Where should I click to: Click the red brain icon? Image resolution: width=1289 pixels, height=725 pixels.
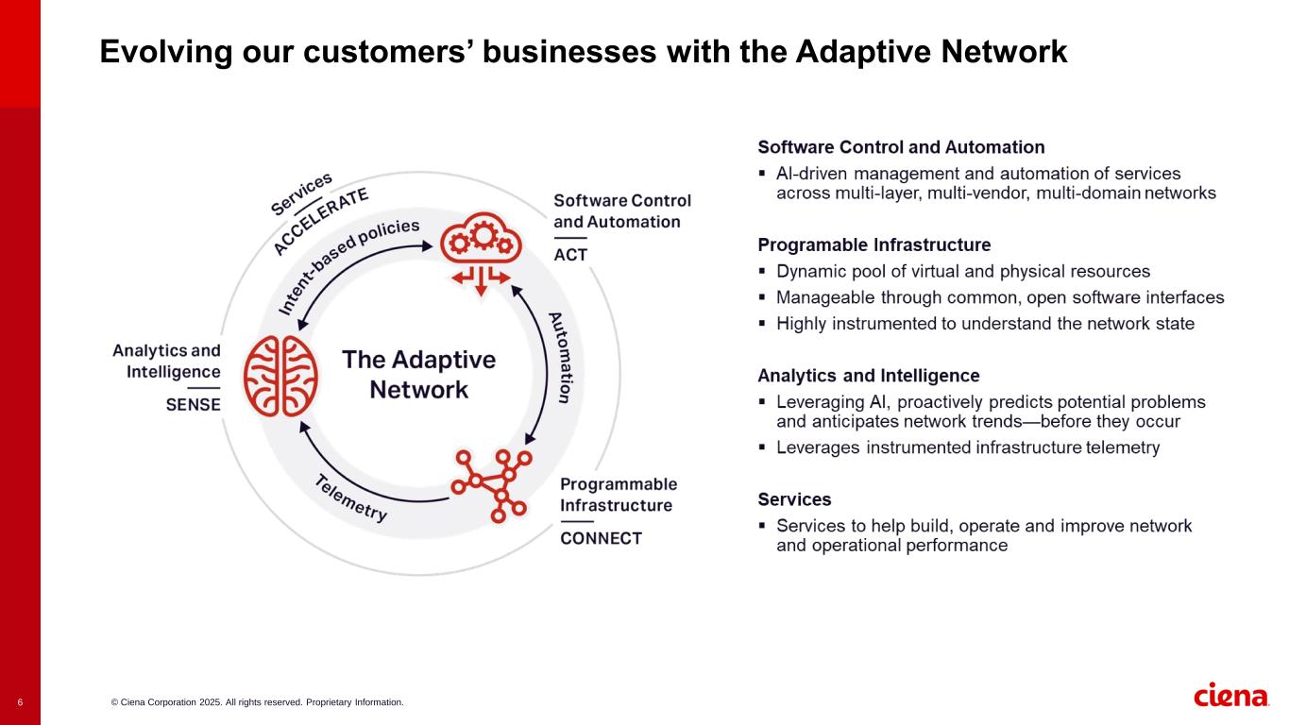280,376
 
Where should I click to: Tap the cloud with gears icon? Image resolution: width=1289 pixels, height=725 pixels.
481,249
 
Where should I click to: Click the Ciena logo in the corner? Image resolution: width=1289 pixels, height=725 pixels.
1231,696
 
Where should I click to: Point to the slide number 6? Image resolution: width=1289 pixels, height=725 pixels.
20,702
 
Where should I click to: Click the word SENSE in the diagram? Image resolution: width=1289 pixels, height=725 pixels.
193,405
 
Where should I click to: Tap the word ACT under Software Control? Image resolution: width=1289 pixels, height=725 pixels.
570,256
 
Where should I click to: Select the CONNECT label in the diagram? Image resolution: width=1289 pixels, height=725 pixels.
601,539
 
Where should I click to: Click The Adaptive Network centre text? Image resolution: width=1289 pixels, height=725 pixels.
418,375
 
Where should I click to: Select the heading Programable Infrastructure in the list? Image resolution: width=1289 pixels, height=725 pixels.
873,245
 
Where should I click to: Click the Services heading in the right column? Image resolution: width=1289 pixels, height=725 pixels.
794,499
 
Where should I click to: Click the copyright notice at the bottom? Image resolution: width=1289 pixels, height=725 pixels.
257,702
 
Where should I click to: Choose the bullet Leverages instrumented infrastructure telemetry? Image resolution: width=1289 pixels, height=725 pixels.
967,447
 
